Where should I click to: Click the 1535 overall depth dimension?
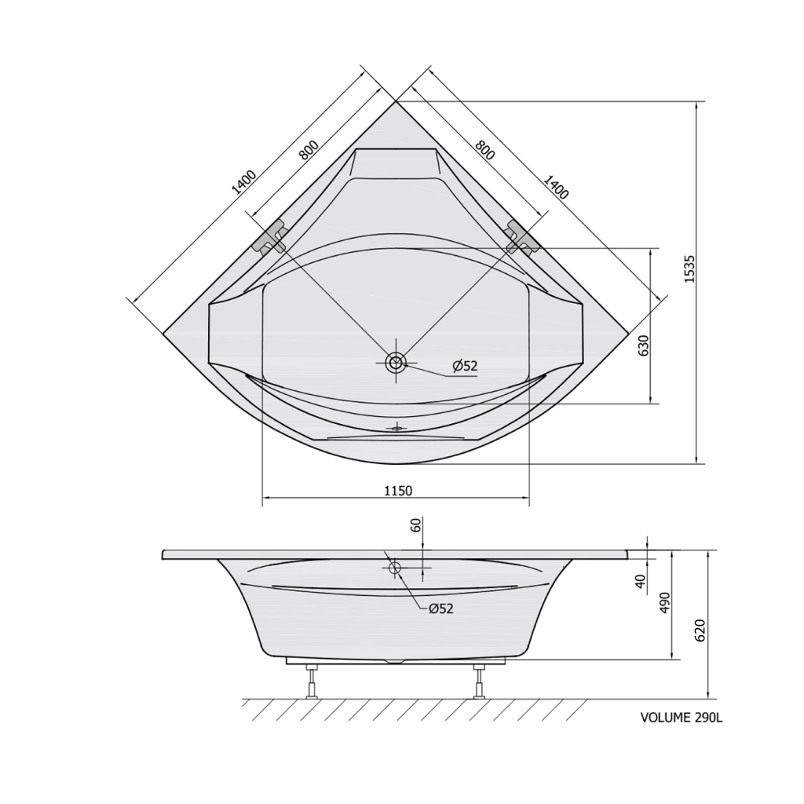(689, 269)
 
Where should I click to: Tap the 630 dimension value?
(644, 345)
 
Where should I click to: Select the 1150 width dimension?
(398, 491)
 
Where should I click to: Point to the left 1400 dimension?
(243, 182)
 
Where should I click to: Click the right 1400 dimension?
(556, 187)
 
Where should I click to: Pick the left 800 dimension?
(309, 150)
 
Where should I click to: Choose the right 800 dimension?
(484, 149)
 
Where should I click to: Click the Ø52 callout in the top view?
(465, 366)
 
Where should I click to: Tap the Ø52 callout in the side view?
(441, 608)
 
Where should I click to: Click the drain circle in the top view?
(396, 363)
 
